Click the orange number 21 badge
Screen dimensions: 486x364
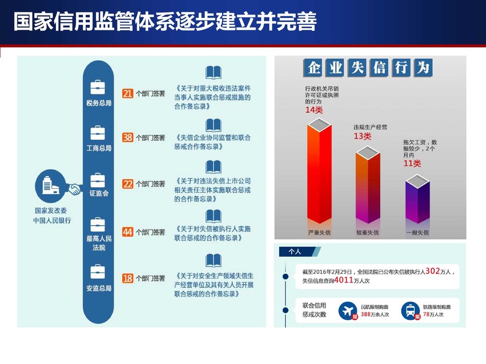[127, 93]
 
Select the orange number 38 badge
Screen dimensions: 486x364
[127, 137]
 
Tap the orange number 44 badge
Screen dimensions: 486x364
[127, 232]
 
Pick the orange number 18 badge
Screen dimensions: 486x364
[127, 278]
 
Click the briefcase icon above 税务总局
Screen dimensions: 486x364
[98, 87]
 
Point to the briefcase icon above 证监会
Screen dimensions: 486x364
[98, 180]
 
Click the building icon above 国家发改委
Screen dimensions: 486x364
[50, 186]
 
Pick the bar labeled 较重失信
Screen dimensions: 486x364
[367, 185]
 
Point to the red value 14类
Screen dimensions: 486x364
[314, 110]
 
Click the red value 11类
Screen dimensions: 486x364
[412, 163]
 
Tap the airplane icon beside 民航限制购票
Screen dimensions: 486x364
[348, 311]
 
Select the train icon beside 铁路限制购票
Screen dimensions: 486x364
[410, 311]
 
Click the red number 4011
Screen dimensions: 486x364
[344, 280]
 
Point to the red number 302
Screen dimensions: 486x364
[433, 271]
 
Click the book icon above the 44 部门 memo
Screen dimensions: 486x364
[214, 216]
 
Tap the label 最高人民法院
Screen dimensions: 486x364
[99, 243]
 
